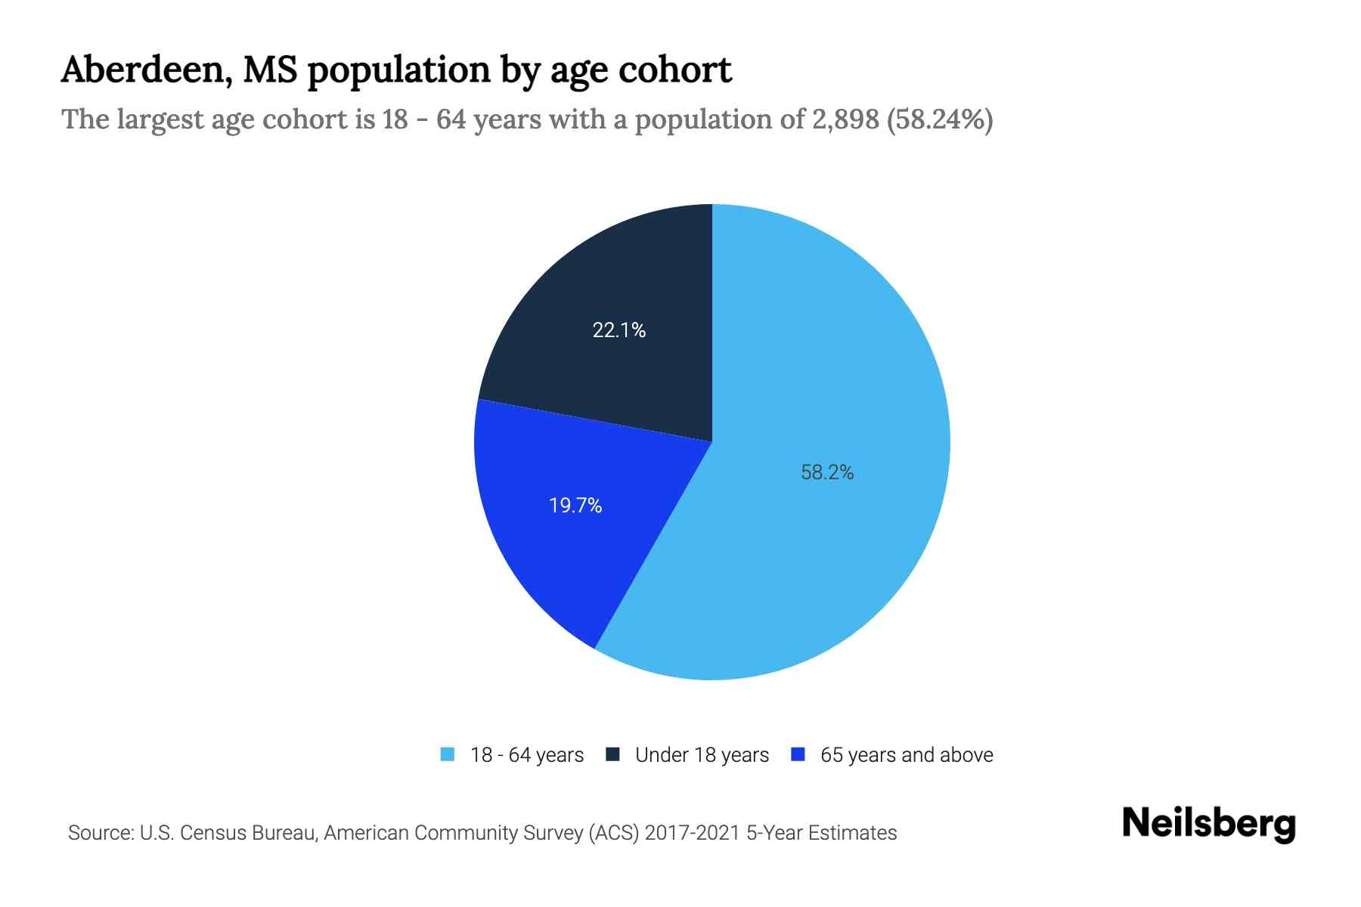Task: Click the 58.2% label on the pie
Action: [x=827, y=472]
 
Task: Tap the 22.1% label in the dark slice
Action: [x=618, y=330]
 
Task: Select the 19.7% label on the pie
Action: [x=575, y=506]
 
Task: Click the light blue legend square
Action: [x=448, y=754]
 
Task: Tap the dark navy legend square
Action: [x=612, y=754]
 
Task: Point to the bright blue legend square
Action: [x=797, y=754]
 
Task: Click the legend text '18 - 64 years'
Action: [x=527, y=755]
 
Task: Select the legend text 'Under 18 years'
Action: [x=702, y=755]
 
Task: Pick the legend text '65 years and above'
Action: [x=906, y=755]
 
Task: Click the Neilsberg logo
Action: [x=1208, y=824]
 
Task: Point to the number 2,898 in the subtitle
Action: [x=845, y=119]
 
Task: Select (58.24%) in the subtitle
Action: [x=940, y=119]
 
